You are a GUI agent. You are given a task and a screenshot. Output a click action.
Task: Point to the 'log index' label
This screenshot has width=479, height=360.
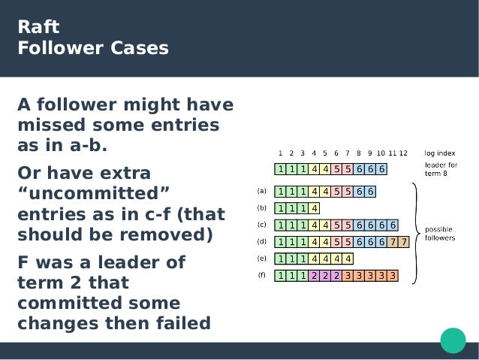click(440, 153)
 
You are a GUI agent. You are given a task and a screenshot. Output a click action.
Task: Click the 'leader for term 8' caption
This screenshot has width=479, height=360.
click(441, 168)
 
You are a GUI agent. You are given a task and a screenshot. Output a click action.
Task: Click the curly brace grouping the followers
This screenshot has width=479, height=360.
click(414, 231)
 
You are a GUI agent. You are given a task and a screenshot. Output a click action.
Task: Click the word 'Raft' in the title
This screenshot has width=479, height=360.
click(38, 29)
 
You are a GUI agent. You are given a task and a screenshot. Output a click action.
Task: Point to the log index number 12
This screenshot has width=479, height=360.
click(403, 153)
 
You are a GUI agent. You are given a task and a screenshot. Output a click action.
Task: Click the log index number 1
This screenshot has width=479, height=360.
click(280, 153)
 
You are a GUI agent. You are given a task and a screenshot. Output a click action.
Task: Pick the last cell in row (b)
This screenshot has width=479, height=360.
click(315, 207)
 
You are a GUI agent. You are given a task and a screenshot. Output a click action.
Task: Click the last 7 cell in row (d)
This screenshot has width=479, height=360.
click(404, 241)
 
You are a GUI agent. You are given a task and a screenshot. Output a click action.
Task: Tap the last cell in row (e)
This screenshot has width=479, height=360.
click(348, 258)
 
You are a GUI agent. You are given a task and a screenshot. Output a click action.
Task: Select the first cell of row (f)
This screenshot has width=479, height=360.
click(281, 275)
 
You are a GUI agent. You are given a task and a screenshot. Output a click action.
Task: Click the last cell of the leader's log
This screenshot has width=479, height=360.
click(382, 169)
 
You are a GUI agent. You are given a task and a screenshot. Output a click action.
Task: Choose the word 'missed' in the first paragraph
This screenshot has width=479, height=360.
click(47, 124)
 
